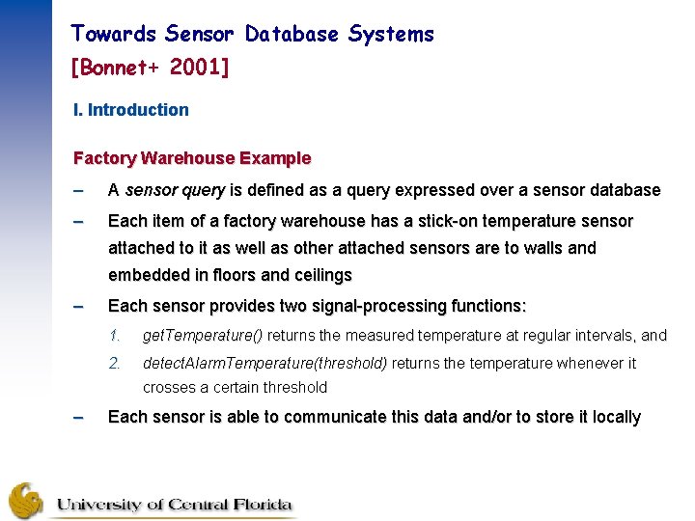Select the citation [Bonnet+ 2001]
[150, 69]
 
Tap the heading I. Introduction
[131, 110]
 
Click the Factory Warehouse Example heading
[192, 158]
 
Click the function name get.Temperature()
[202, 336]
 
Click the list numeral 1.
[114, 336]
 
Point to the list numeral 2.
[114, 364]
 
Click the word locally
[617, 417]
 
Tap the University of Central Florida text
[173, 505]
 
